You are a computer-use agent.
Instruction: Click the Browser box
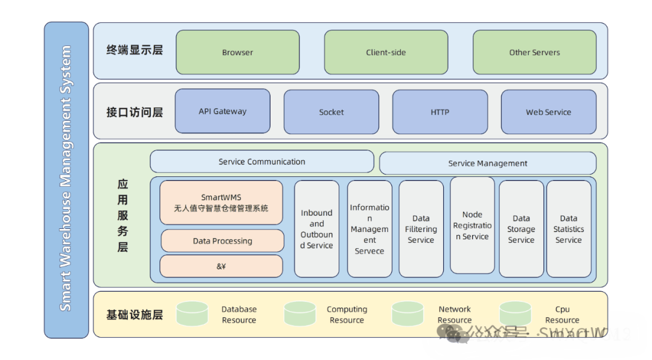coord(237,52)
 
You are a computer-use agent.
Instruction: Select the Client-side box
coord(386,52)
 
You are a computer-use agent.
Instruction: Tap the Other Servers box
coord(534,52)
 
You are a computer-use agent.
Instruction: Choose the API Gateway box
coord(222,111)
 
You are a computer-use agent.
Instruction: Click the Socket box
coord(331,112)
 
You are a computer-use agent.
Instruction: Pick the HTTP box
coord(439,112)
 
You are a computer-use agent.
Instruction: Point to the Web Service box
coord(548,112)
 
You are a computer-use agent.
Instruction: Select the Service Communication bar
coord(261,161)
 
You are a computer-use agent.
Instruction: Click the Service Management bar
coord(487,163)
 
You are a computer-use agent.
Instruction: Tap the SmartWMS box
coord(221,202)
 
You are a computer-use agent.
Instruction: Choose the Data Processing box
coord(222,240)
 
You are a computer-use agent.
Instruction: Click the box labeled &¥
coord(221,266)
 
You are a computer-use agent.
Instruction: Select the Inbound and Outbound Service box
coord(316,229)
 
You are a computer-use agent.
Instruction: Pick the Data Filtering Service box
coord(421,229)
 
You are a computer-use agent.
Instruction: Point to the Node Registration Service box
coord(472,225)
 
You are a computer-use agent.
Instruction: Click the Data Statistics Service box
coord(568,229)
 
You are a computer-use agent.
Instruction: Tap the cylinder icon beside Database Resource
coord(192,314)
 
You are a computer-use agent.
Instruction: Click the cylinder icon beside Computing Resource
coord(299,314)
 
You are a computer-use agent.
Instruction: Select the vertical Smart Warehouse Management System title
coord(66,179)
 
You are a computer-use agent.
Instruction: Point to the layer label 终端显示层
coord(135,50)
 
